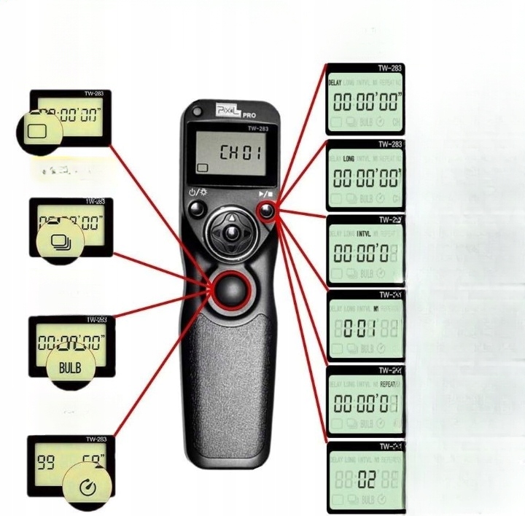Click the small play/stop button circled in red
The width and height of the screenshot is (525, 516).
pyautogui.click(x=266, y=211)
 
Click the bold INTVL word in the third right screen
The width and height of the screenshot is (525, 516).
pyautogui.click(x=362, y=234)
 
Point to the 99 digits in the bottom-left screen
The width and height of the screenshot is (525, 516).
pyautogui.click(x=47, y=463)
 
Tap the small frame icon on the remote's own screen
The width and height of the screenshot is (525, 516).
pyautogui.click(x=201, y=168)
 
